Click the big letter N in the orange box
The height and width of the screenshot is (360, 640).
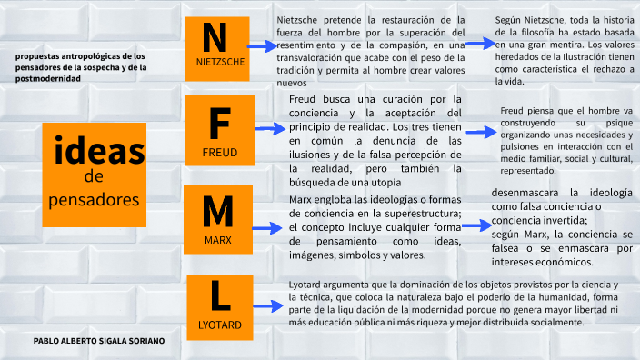tap(215, 37)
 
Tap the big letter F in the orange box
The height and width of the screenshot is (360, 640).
tap(219, 123)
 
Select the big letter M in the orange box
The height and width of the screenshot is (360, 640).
tap(218, 211)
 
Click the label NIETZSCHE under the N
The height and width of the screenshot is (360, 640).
tap(220, 63)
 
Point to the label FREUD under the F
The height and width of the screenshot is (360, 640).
tap(220, 151)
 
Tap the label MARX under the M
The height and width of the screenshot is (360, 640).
tap(218, 240)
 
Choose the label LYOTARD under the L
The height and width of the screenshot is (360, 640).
tap(219, 325)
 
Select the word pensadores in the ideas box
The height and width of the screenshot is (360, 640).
tap(94, 197)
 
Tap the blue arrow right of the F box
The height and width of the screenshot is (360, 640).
tap(270, 129)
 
